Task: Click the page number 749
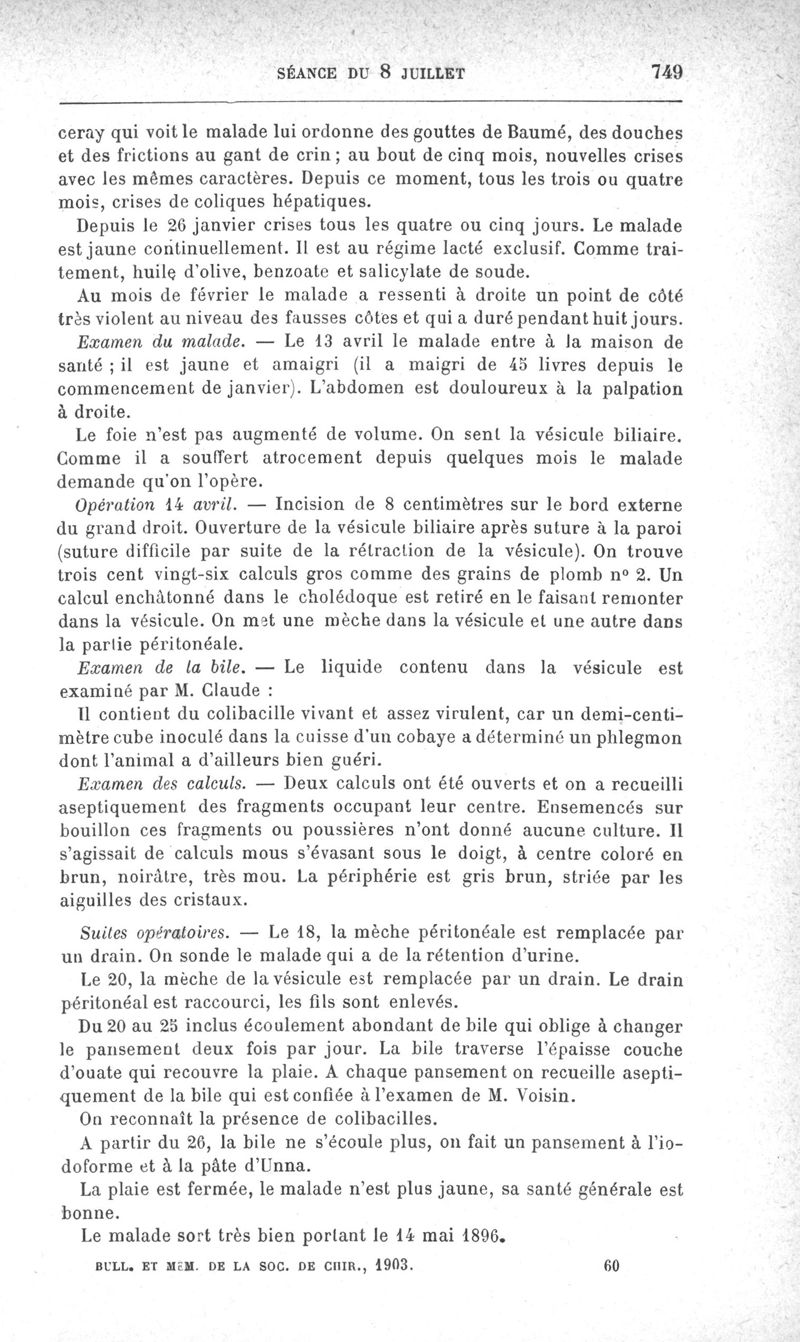[665, 72]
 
